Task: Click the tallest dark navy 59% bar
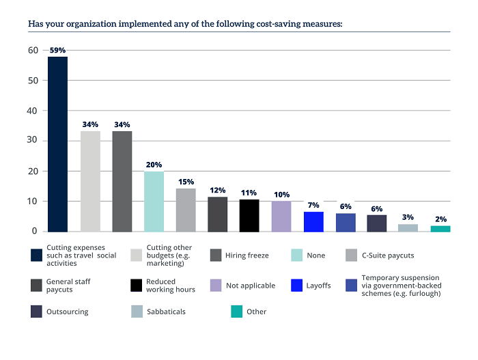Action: (57, 144)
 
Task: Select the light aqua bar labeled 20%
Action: (154, 202)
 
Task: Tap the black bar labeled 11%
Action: (249, 215)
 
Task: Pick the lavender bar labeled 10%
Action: (281, 216)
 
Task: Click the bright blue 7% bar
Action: (313, 221)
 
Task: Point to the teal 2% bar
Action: (440, 228)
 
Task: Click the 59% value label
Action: (57, 51)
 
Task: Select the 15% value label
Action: (186, 182)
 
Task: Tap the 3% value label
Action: (408, 217)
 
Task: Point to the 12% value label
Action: (217, 190)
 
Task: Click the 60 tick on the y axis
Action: (33, 51)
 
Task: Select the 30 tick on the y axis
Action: (33, 141)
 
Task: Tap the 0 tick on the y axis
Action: (36, 232)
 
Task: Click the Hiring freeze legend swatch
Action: (216, 255)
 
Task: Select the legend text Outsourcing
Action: (67, 311)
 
